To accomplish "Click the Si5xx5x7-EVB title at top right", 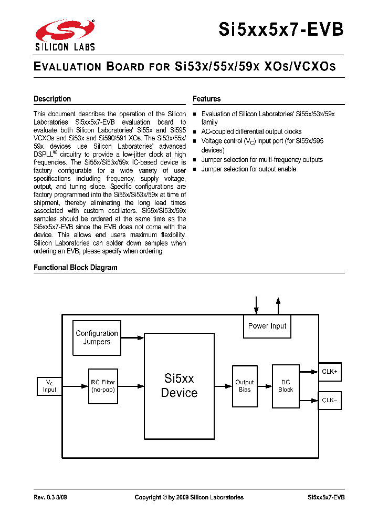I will (x=281, y=30).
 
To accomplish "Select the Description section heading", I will (x=52, y=99).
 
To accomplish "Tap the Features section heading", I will (x=206, y=99).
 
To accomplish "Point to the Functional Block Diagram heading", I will (x=76, y=268).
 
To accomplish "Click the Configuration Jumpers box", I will (x=97, y=337).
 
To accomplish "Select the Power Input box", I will (x=267, y=326).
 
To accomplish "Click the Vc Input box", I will (x=49, y=386).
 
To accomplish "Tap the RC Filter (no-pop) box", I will (x=103, y=386).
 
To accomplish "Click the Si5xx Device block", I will (x=179, y=385).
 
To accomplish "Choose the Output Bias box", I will (x=245, y=386).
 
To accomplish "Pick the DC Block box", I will (x=286, y=386).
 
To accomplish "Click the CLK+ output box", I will (x=330, y=372).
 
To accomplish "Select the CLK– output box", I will (x=330, y=400).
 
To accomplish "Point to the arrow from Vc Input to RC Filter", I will (x=75, y=386).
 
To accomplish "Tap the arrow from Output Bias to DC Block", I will (x=264, y=386).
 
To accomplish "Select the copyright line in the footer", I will (x=189, y=497).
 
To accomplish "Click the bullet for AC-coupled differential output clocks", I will (x=195, y=132).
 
